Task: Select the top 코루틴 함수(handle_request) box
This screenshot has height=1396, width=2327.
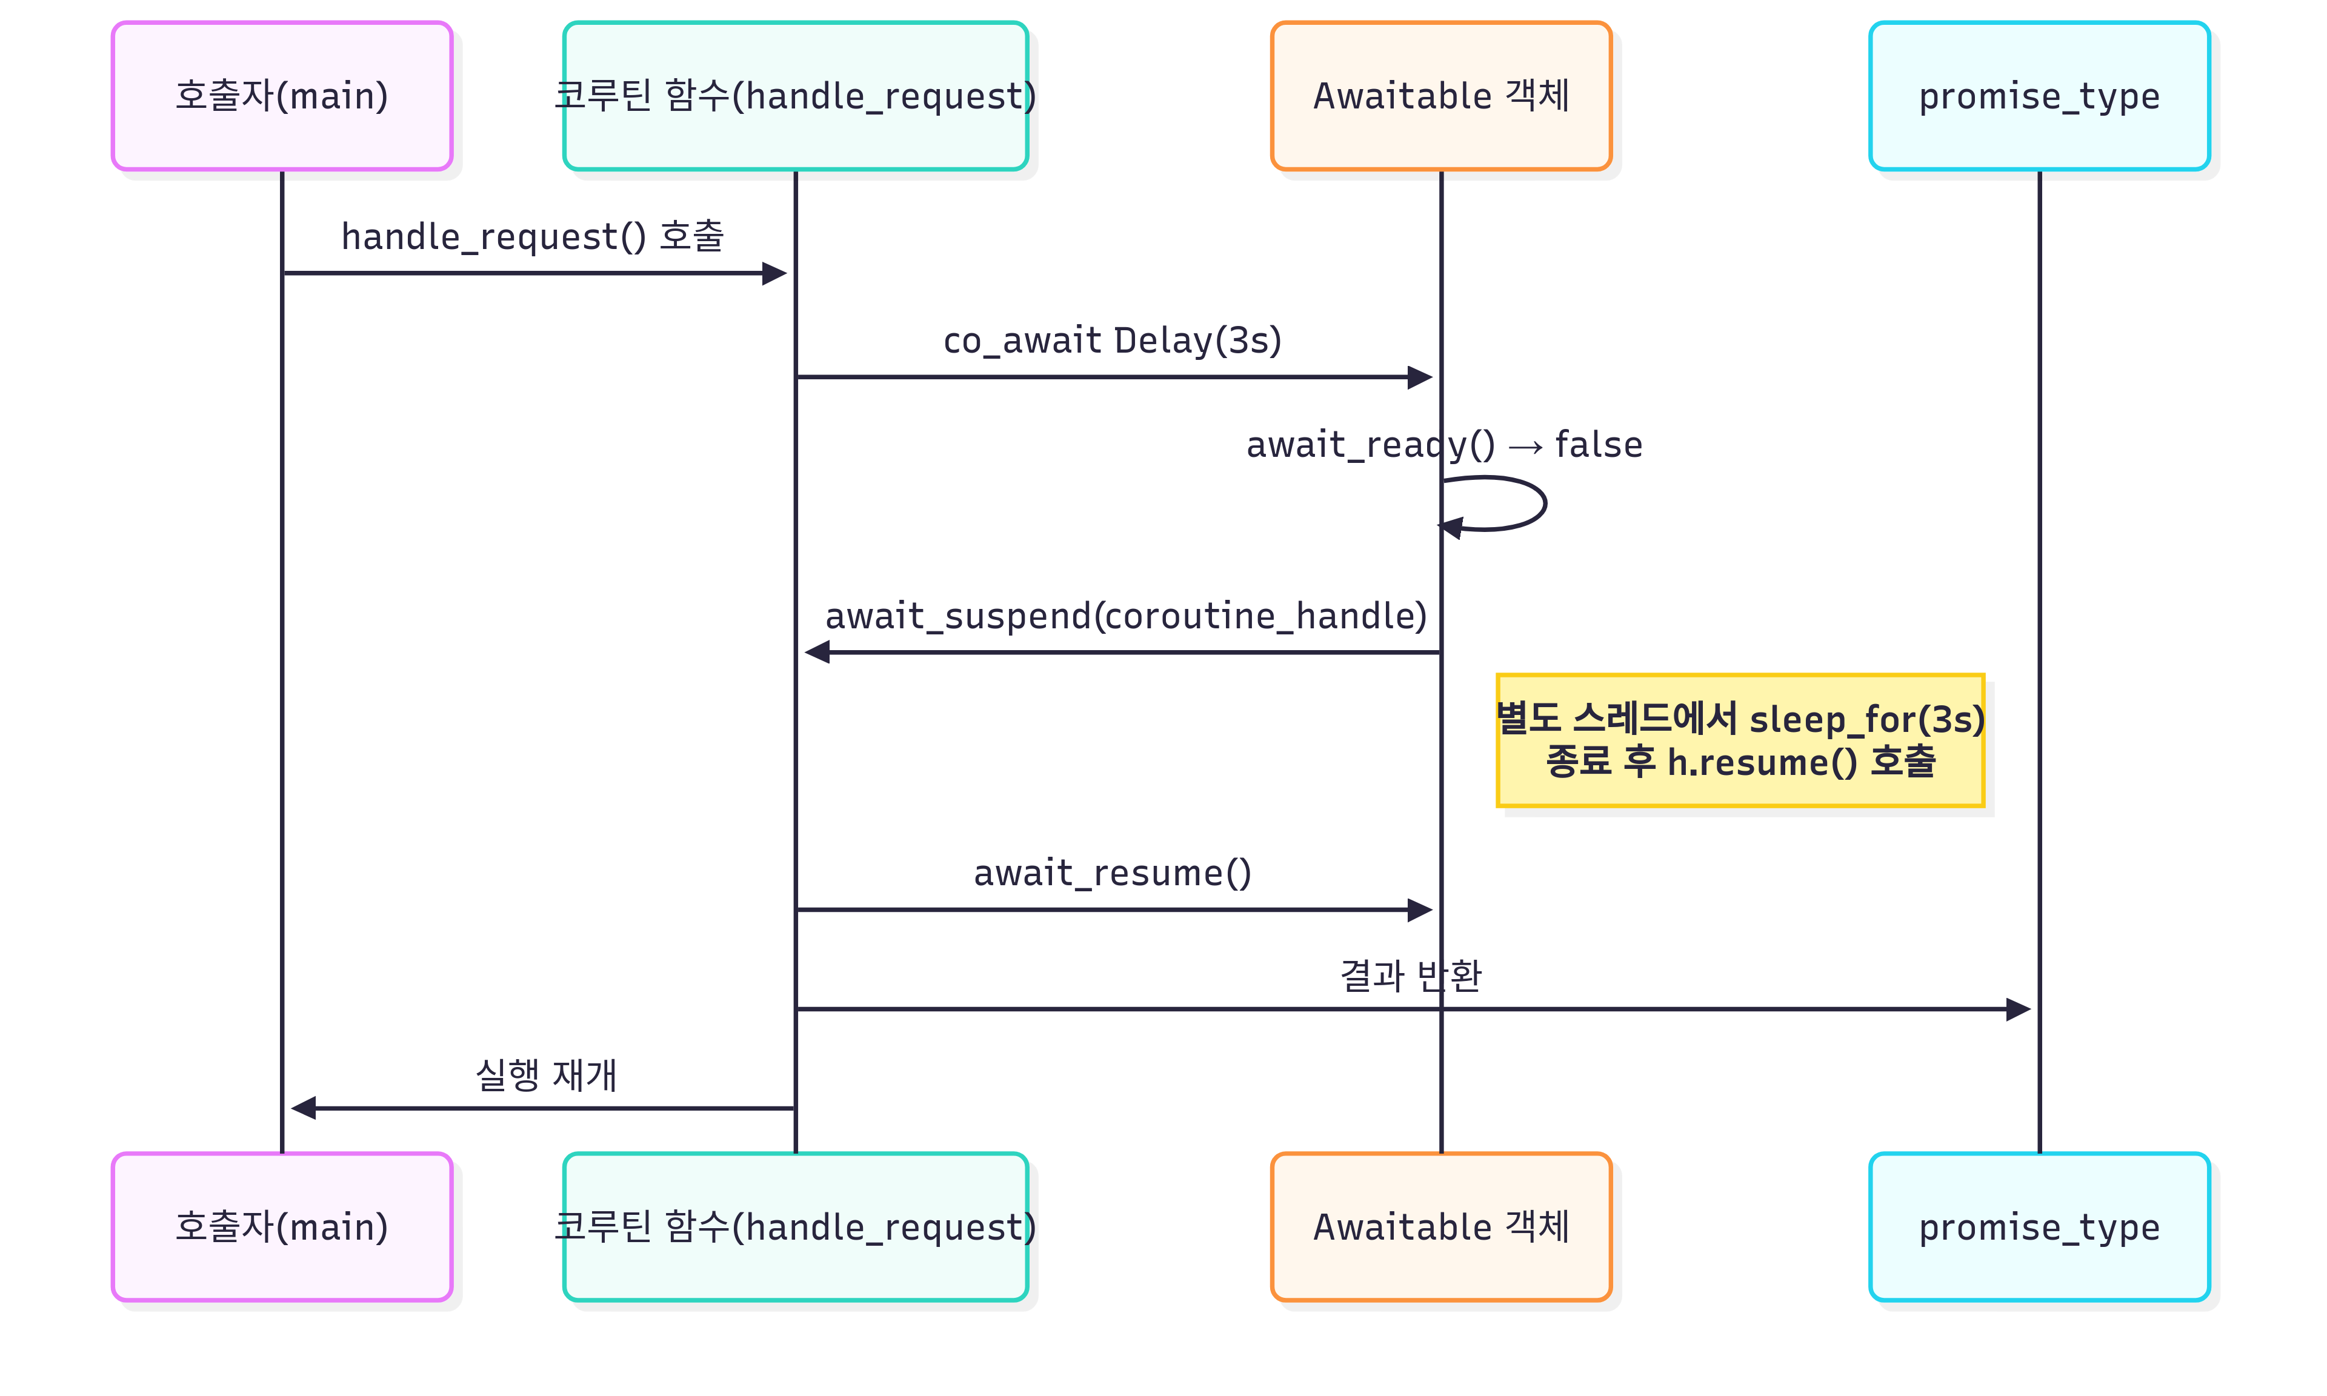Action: pyautogui.click(x=795, y=96)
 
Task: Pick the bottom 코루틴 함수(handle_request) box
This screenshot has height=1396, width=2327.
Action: pyautogui.click(x=795, y=1227)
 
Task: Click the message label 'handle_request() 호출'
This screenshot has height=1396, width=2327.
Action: pyautogui.click(x=533, y=236)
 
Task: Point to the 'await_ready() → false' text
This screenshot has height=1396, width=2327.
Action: pyautogui.click(x=1444, y=444)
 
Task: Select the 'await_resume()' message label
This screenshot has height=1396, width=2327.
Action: pyautogui.click(x=1112, y=873)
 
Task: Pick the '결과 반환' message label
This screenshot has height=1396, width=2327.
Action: pyautogui.click(x=1410, y=976)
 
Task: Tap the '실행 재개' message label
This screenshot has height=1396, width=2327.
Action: pyautogui.click(x=547, y=1074)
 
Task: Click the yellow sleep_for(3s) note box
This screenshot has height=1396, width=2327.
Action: pyautogui.click(x=1739, y=740)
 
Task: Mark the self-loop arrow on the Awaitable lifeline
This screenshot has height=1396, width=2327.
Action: pyautogui.click(x=1543, y=504)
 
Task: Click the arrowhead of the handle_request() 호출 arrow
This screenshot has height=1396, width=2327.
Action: pyautogui.click(x=775, y=274)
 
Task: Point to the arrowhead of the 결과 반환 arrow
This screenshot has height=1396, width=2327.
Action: pyautogui.click(x=2019, y=1009)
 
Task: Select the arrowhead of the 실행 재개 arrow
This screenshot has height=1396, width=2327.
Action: pyautogui.click(x=303, y=1108)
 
